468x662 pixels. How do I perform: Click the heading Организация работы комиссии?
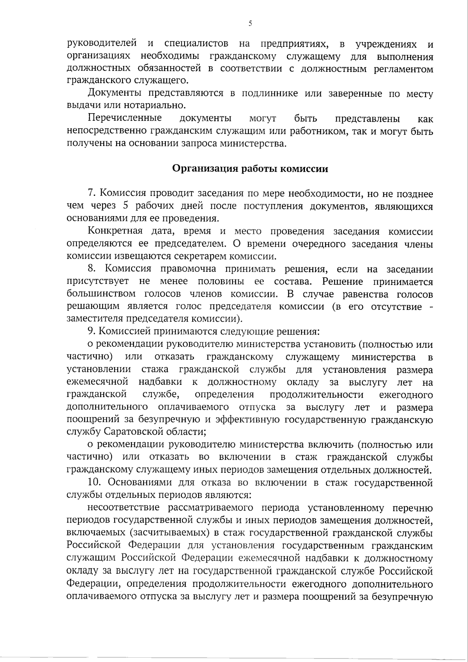pyautogui.click(x=250, y=169)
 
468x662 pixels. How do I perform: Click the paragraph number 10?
pyautogui.click(x=96, y=483)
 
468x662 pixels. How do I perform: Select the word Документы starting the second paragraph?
pyautogui.click(x=112, y=94)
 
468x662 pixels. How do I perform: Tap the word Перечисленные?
pyautogui.click(x=125, y=118)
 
